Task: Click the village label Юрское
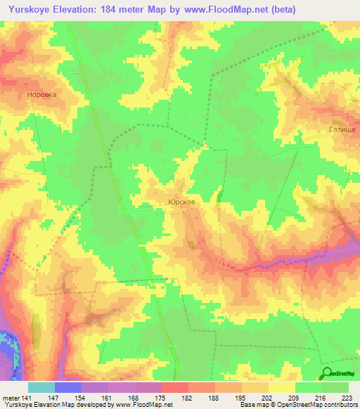181,201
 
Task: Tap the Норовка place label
40,93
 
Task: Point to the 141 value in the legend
26,397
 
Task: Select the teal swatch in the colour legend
41,387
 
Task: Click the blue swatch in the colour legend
68,387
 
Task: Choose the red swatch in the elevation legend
174,387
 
